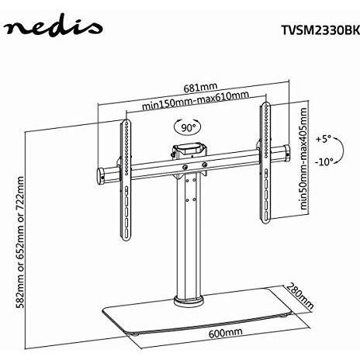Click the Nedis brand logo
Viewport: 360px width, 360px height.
[x=53, y=28]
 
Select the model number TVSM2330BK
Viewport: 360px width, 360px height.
[x=320, y=30]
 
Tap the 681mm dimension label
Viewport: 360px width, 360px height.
[x=200, y=87]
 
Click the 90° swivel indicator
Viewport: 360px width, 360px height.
[x=188, y=127]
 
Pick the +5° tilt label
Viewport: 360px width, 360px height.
[x=324, y=139]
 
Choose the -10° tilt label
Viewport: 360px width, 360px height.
[x=324, y=162]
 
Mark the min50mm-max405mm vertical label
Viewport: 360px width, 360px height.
[x=303, y=158]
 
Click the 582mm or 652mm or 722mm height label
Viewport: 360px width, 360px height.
[x=20, y=242]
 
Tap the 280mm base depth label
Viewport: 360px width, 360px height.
[x=300, y=296]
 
